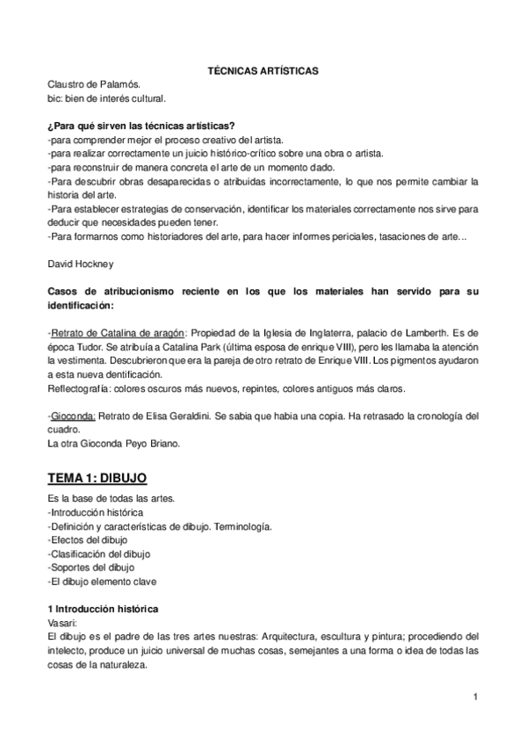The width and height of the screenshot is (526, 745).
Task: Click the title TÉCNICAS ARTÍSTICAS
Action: [263, 69]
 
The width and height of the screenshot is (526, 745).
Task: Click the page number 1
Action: [474, 698]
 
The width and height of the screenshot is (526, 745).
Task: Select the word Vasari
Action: [63, 621]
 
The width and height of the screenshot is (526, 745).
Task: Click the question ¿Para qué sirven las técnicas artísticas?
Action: [147, 126]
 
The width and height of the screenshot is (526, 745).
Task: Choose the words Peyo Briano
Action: [150, 444]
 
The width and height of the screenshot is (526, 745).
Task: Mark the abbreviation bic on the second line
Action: [55, 99]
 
